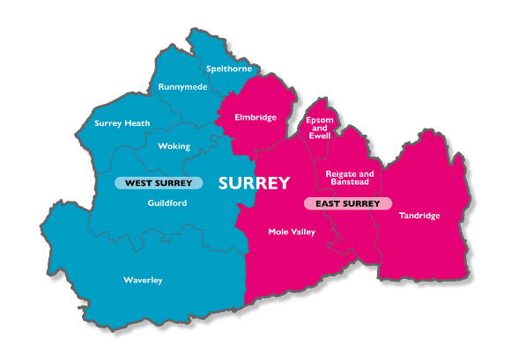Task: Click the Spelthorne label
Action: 229,69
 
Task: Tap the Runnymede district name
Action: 182,87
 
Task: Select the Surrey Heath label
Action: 122,123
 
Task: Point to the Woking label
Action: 174,146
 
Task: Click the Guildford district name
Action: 167,202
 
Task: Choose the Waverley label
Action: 143,280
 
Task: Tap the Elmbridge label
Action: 255,117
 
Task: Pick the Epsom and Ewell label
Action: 319,128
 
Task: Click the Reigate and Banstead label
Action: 350,179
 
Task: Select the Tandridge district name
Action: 419,216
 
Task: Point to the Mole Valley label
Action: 292,232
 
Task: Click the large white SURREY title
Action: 254,183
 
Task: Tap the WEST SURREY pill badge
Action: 159,183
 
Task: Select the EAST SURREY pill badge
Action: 348,203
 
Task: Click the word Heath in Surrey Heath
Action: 137,123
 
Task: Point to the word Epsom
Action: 319,119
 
